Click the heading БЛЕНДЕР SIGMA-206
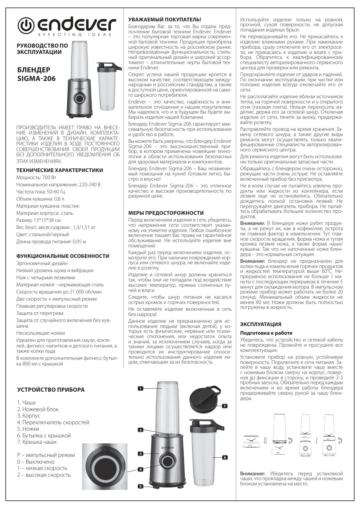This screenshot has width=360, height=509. pos(36,75)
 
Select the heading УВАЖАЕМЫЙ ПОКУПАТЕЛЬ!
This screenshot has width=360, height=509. pos(165,19)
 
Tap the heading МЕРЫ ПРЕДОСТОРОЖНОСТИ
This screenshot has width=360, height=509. pos(166,213)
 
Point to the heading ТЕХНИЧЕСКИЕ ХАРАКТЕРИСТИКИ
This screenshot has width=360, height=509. pos(59,170)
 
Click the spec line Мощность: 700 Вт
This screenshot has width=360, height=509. pos(36,177)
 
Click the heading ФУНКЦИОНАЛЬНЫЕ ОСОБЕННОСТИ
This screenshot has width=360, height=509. pos(63,256)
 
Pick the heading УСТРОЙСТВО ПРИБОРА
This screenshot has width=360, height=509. pos(51,390)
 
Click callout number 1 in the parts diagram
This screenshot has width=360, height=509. pos(141,389)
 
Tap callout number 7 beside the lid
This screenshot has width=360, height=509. pos(224,406)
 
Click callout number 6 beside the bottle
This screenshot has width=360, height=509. pos(225,457)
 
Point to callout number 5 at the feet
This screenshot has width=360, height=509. pos(141,486)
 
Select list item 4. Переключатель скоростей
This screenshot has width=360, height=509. pos(53,422)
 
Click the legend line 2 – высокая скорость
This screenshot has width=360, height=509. pos(44,475)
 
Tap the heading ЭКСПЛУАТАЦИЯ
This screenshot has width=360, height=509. pos(260,324)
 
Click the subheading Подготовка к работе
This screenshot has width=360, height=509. pos(266,333)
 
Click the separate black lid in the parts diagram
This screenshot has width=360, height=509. pos(205,398)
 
